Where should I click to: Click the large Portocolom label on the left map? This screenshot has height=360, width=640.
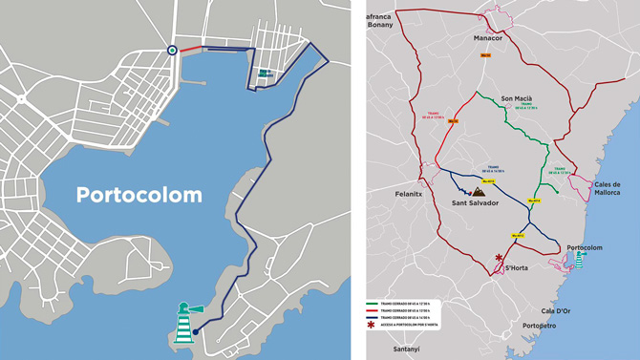pos(139,195)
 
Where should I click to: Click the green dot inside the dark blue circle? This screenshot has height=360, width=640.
pos(172,51)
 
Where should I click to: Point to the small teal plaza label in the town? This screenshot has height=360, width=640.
pos(263,73)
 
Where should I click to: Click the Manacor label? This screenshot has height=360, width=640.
pos(487,38)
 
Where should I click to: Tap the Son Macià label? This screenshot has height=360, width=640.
pos(518,97)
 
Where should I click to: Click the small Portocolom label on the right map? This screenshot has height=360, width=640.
pos(585,247)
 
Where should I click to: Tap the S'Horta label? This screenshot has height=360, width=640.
pos(516,268)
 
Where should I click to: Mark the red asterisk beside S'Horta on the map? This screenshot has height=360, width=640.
pos(499,258)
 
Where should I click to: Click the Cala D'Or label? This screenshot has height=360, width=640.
pos(555,310)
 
